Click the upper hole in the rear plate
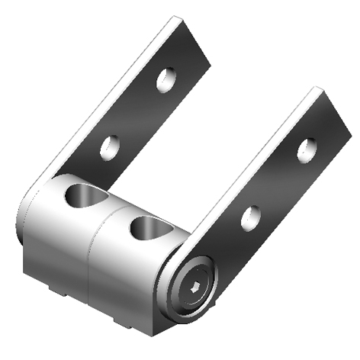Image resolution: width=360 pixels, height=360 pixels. [x=166, y=79]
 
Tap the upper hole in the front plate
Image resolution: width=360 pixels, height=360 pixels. [x=307, y=149]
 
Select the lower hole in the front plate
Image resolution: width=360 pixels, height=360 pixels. [x=250, y=217]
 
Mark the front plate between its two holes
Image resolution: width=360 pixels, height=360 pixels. [x=278, y=183]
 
